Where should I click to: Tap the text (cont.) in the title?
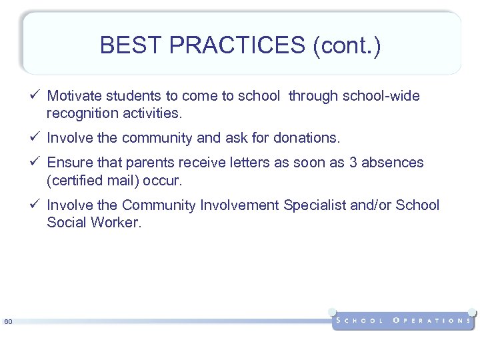pyautogui.click(x=348, y=45)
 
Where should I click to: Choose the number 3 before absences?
pyautogui.click(x=351, y=163)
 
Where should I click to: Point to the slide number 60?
pyautogui.click(x=8, y=323)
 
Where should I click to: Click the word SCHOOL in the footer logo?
pyautogui.click(x=360, y=321)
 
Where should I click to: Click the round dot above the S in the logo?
pyautogui.click(x=332, y=311)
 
